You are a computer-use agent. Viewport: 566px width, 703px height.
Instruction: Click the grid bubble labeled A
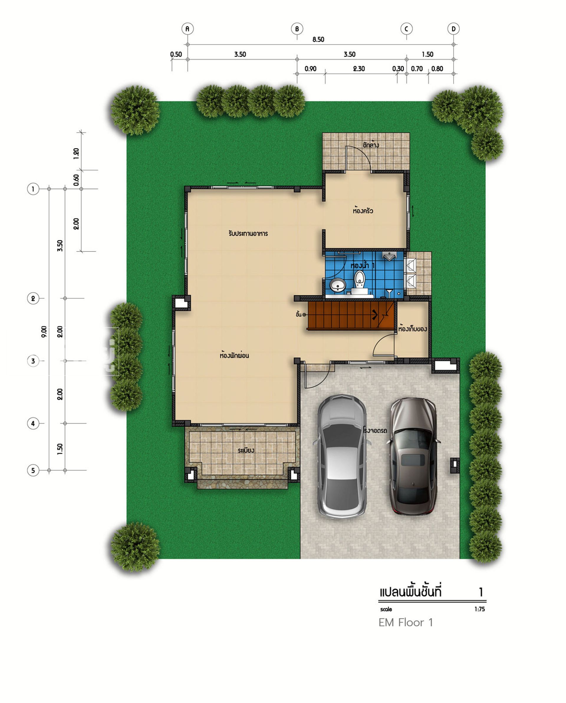coord(187,29)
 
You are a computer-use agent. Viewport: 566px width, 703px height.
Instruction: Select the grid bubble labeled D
coord(453,29)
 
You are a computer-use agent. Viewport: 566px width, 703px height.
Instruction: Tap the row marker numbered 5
coord(33,470)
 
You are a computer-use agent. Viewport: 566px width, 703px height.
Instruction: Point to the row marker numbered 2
coord(33,298)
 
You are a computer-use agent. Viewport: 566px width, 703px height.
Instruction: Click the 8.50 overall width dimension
coord(318,39)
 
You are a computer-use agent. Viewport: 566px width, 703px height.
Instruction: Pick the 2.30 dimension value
coord(359,69)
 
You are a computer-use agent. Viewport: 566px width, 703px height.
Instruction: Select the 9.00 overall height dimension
coord(44,331)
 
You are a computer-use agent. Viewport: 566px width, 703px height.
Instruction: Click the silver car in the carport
coord(342,457)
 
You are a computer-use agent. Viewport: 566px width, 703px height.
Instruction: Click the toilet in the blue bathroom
coord(359,281)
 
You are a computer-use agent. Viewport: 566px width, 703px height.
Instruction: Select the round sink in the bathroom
coord(338,285)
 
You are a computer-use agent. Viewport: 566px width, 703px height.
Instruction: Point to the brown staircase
coord(350,316)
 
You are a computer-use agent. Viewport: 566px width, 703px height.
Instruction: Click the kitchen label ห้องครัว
coord(363,211)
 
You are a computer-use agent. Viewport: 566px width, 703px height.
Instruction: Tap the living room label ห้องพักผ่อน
coord(234,355)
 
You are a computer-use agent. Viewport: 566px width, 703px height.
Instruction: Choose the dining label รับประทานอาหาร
coord(248,233)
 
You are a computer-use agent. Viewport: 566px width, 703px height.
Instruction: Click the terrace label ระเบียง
coord(246,450)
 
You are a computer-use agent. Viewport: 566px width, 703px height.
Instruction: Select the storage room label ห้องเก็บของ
coord(412,329)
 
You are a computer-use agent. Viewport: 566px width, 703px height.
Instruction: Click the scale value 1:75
coord(480,609)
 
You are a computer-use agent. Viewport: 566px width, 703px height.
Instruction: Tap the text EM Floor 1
coord(406,623)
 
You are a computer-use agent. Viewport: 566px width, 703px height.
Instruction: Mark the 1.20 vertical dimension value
coord(76,154)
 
